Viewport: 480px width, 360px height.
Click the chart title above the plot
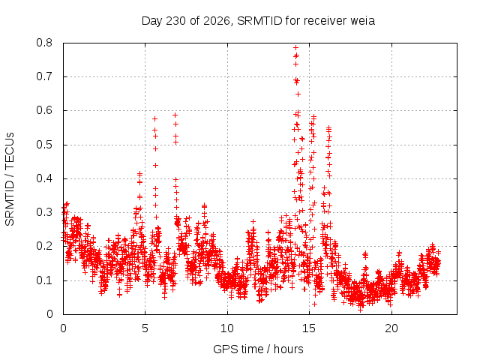coord(258,21)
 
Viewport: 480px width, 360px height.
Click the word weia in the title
coord(363,21)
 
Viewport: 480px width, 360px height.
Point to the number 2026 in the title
coord(217,21)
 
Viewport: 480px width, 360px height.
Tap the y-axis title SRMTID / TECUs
coord(10,179)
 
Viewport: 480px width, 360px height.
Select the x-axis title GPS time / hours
coord(258,349)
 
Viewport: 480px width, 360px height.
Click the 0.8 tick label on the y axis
coord(44,43)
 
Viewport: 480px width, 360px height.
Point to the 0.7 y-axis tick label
coord(44,76)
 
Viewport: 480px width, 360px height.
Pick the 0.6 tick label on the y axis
coord(44,110)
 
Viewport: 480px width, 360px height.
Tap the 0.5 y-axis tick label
coord(44,145)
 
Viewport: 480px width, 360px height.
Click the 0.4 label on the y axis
coord(44,178)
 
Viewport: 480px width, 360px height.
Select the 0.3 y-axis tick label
coord(44,212)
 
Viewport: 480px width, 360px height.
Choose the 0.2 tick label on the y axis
coord(44,246)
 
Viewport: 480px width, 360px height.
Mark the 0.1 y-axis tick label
coord(44,280)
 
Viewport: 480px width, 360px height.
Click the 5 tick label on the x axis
coord(145,328)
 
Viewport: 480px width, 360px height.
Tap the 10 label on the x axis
coord(227,328)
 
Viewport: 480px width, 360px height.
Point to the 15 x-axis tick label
coord(309,328)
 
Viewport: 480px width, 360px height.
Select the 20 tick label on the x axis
coord(391,328)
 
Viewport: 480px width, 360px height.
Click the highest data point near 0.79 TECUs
coord(295,48)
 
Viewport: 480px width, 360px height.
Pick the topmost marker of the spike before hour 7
coord(175,115)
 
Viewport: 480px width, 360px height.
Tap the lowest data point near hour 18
coord(361,310)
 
